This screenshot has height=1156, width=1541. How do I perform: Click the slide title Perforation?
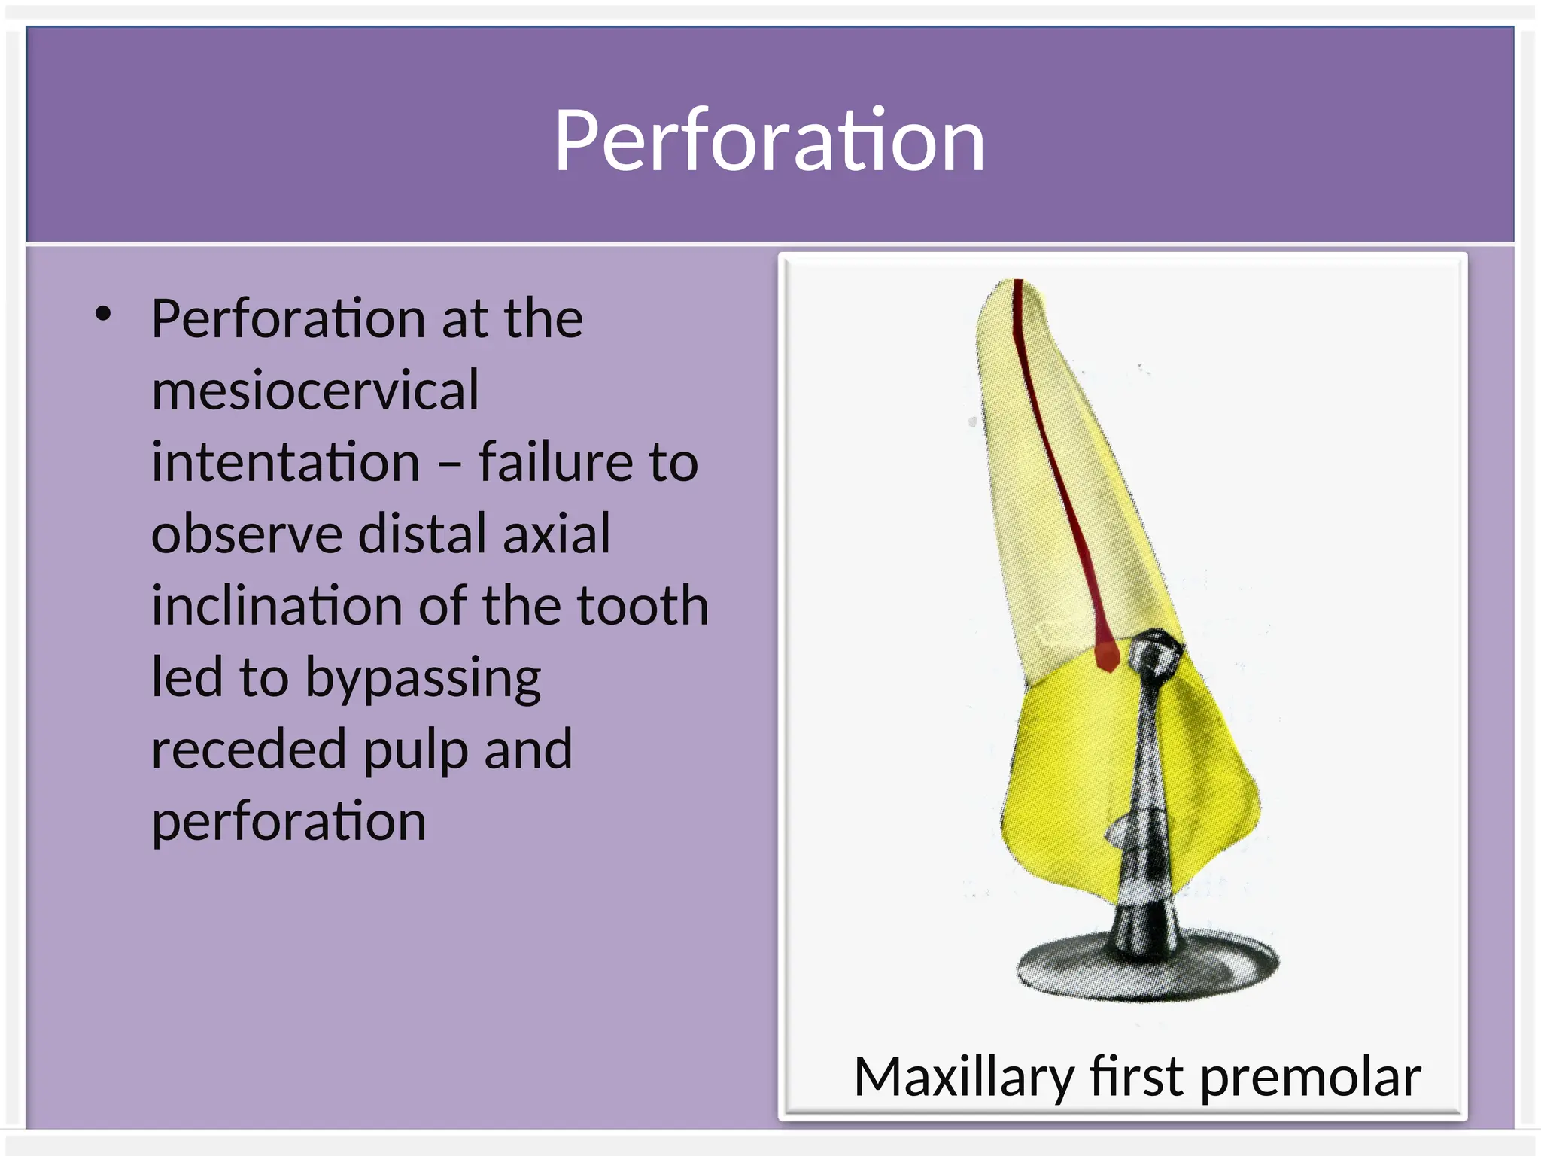point(769,141)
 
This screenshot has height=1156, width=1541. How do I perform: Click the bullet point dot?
point(103,315)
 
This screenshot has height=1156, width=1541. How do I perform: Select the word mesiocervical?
point(315,390)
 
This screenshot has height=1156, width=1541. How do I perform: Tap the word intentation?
point(285,461)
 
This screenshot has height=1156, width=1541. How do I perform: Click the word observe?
point(247,534)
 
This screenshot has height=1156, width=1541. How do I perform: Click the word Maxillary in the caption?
point(964,1077)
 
